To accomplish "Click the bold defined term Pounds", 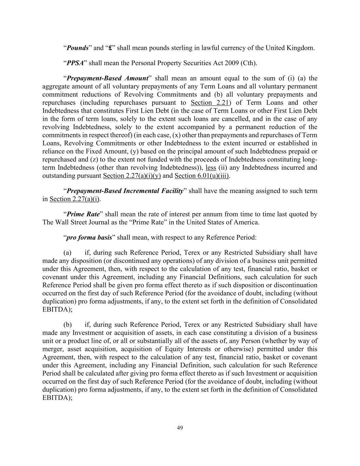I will (x=77, y=48).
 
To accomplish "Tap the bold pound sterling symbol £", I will (x=110, y=48).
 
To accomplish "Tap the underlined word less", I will (x=211, y=168).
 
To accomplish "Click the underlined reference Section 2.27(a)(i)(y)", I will (x=132, y=176).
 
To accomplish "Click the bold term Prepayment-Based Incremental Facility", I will (x=125, y=191).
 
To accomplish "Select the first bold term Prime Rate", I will (x=83, y=214).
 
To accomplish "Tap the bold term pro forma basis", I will (x=89, y=238).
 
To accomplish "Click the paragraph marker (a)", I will (x=68, y=253).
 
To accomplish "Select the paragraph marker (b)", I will (x=68, y=325).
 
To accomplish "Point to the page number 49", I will (x=180, y=428).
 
